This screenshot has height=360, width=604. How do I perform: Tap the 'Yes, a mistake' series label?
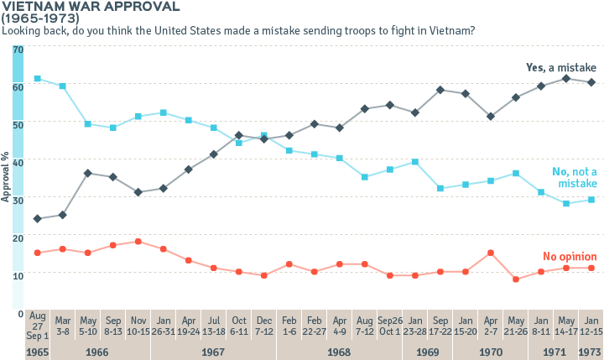click(x=560, y=66)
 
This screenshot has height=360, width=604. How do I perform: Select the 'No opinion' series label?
click(x=570, y=256)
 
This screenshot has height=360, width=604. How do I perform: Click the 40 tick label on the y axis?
click(x=18, y=159)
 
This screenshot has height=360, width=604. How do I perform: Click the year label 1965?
click(x=37, y=351)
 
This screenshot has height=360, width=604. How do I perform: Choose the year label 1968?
click(x=340, y=351)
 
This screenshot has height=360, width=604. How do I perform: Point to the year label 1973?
click(x=591, y=351)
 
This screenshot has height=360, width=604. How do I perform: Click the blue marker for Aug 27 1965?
click(x=37, y=79)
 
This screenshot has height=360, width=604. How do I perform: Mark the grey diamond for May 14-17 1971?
click(x=566, y=78)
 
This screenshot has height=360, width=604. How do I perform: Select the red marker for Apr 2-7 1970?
click(x=491, y=253)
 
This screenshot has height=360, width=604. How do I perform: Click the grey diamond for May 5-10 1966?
click(x=87, y=173)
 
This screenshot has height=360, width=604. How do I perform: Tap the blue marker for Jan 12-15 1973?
click(x=591, y=200)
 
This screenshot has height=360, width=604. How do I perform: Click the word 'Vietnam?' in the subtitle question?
click(x=450, y=31)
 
